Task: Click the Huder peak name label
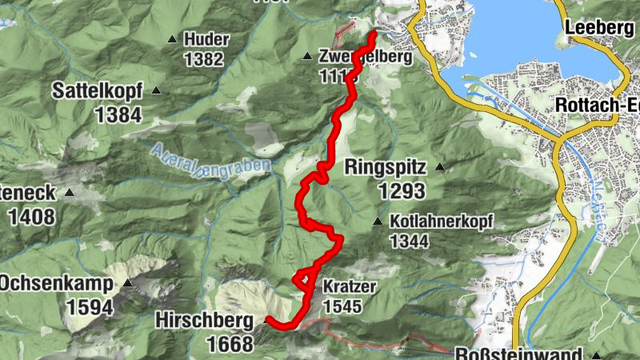206,39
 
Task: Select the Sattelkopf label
98,90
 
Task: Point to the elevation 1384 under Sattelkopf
118,114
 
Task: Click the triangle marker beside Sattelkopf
156,90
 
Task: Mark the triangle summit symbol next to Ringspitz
439,167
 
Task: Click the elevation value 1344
410,241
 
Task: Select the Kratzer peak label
349,286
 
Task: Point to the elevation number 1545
345,306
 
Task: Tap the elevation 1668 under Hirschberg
228,345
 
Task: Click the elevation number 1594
90,307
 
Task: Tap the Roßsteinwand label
519,354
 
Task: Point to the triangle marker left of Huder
172,38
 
